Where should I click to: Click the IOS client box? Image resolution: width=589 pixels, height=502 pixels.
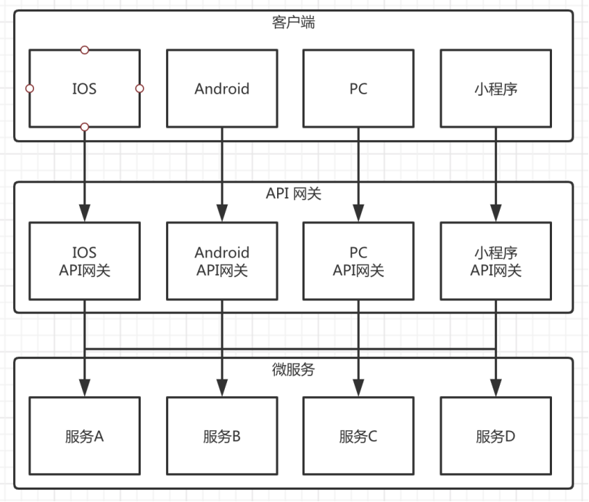pos(84,89)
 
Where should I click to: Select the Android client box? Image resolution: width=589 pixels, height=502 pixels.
pos(221,89)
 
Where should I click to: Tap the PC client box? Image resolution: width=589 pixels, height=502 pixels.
pos(358,89)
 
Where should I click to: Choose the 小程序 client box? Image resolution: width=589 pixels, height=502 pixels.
pos(495,89)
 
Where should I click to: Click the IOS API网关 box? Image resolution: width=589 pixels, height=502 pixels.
pos(84,261)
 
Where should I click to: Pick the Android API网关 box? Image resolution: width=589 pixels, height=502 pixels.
pos(221,261)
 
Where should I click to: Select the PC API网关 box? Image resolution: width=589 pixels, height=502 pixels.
pos(358,261)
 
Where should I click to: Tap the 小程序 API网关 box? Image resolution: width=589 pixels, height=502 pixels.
pos(495,261)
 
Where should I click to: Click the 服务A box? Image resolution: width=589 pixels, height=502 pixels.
pos(84,437)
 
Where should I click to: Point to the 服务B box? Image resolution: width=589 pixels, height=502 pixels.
pos(221,437)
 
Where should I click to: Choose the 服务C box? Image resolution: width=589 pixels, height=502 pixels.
pos(358,437)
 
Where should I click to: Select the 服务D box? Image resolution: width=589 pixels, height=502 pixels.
pos(495,437)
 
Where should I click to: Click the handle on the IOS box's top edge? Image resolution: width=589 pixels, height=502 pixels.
pos(85,49)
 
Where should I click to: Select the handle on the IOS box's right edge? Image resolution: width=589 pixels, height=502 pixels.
pos(140,89)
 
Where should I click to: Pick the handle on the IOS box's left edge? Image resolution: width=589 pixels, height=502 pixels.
pos(30,89)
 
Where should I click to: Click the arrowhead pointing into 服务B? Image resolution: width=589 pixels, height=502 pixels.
pos(221,390)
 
